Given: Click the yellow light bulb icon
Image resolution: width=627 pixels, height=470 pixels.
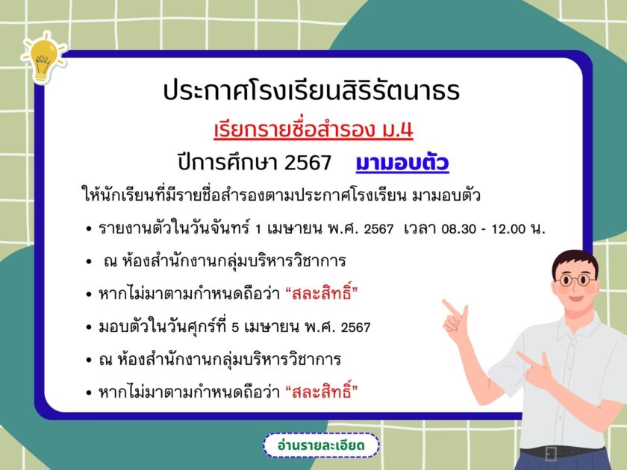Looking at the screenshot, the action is pyautogui.click(x=43, y=58).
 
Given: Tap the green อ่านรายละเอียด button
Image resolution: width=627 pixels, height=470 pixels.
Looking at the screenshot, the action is pyautogui.click(x=321, y=445).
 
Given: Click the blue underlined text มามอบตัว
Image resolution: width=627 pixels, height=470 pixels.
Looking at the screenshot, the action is pyautogui.click(x=402, y=163).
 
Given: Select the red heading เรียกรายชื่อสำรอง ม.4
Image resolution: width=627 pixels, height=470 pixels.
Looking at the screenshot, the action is pyautogui.click(x=313, y=130).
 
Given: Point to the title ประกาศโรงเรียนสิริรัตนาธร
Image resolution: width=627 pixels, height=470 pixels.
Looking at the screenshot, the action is pyautogui.click(x=311, y=90).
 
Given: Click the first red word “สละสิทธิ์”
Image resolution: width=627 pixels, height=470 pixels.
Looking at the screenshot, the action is pyautogui.click(x=322, y=294).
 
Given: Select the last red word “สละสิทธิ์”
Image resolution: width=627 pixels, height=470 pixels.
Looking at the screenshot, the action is pyautogui.click(x=322, y=391).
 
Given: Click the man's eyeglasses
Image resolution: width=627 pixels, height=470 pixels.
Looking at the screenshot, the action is pyautogui.click(x=575, y=279).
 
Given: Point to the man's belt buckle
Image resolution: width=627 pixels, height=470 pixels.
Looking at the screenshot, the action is pyautogui.click(x=551, y=453).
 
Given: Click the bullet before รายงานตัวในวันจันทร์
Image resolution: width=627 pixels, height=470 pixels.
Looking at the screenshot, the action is pyautogui.click(x=89, y=230).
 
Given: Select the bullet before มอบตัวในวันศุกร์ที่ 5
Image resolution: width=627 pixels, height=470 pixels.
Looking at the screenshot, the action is pyautogui.click(x=89, y=328).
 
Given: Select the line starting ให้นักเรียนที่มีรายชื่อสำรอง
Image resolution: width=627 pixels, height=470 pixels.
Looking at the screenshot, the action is pyautogui.click(x=281, y=195).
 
